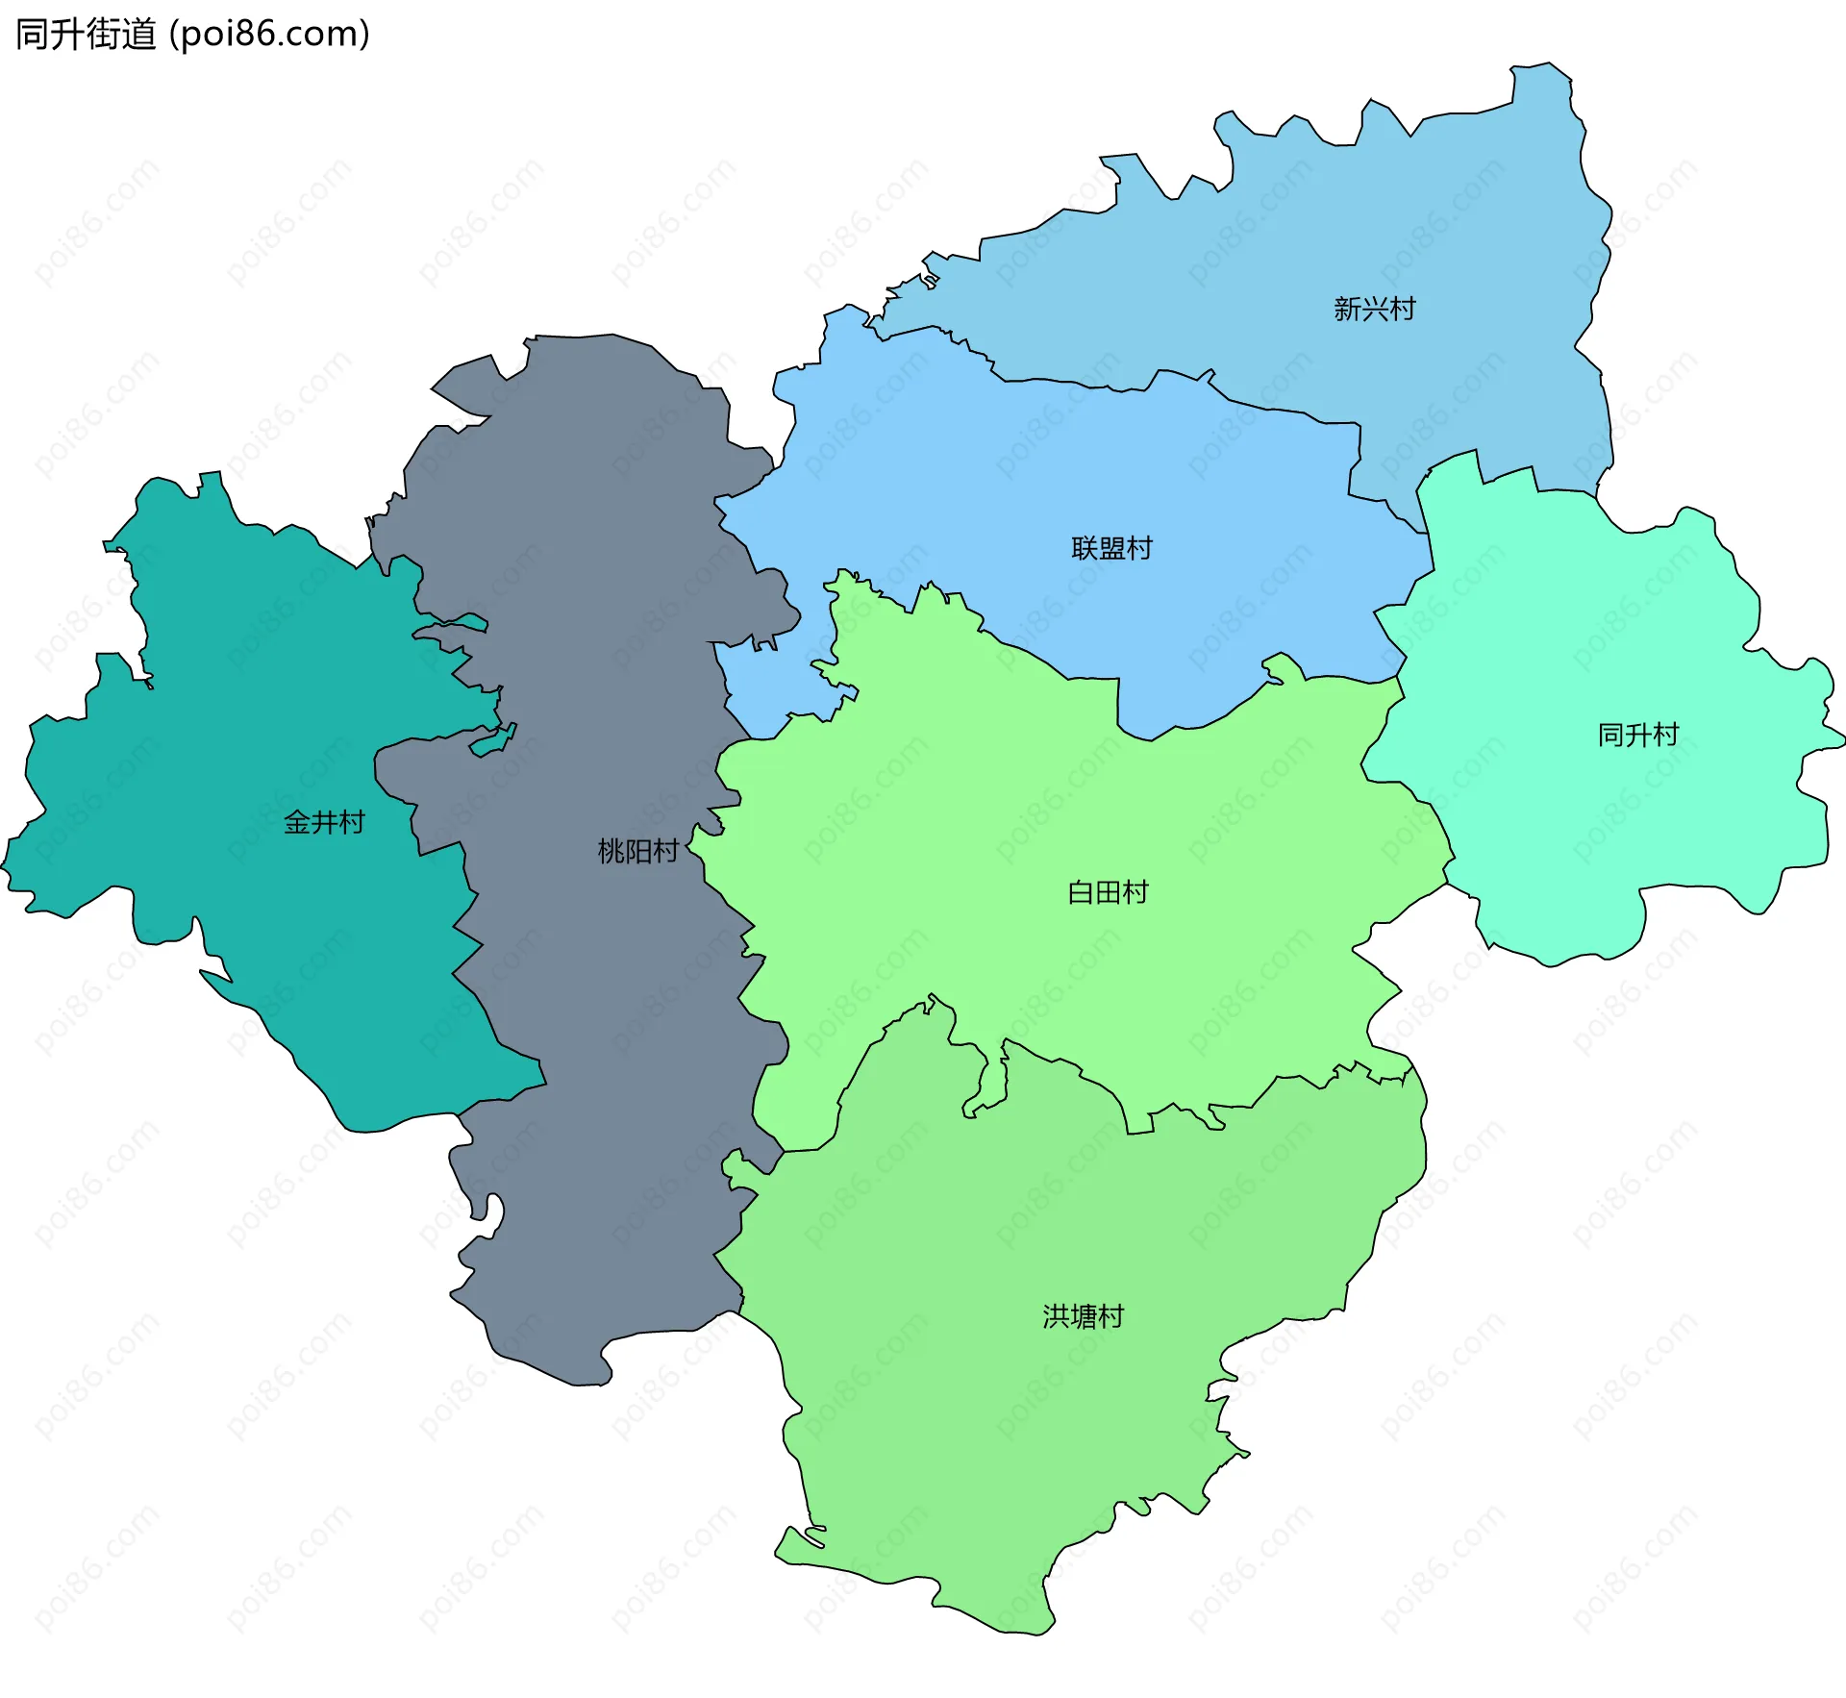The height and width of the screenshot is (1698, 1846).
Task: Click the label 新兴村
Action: tap(1374, 309)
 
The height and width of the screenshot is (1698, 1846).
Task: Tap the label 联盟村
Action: tap(1111, 548)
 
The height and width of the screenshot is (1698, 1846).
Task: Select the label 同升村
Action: tap(1637, 735)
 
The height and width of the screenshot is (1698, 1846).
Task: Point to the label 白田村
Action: tap(1108, 892)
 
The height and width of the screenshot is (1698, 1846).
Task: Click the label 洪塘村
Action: tap(1084, 1316)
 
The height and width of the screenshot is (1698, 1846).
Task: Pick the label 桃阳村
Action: tap(637, 851)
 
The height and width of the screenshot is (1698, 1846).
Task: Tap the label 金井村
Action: tap(324, 822)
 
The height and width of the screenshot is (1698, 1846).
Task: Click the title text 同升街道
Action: tap(86, 35)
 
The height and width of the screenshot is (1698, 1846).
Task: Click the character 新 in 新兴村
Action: tap(1347, 309)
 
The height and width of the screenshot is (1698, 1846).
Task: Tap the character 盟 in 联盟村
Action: tap(1112, 548)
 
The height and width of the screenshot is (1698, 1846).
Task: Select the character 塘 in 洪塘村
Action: tap(1085, 1316)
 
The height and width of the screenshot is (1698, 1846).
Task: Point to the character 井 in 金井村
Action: tap(325, 822)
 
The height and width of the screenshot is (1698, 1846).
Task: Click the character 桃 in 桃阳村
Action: tap(611, 851)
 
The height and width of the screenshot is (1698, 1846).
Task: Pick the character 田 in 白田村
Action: tap(1109, 892)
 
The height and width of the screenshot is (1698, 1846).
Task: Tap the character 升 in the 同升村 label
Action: tap(1638, 735)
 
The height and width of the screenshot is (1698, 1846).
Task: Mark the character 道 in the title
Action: tap(138, 35)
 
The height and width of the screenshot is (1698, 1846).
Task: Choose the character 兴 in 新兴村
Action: tap(1375, 309)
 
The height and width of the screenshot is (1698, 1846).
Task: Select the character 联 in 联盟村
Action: tap(1085, 548)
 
